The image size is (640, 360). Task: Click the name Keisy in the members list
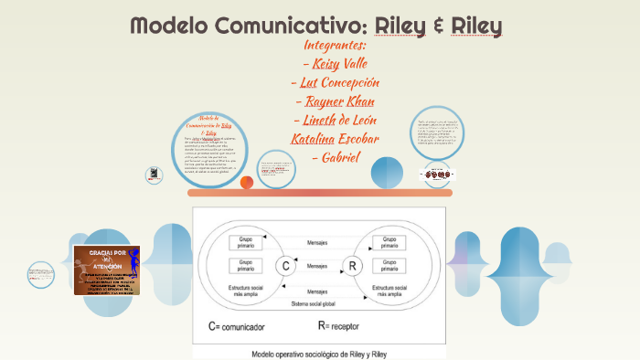[325, 64]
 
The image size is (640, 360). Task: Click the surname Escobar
[357, 139]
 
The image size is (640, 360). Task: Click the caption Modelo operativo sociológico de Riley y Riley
[318, 353]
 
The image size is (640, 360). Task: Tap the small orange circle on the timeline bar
[247, 182]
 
